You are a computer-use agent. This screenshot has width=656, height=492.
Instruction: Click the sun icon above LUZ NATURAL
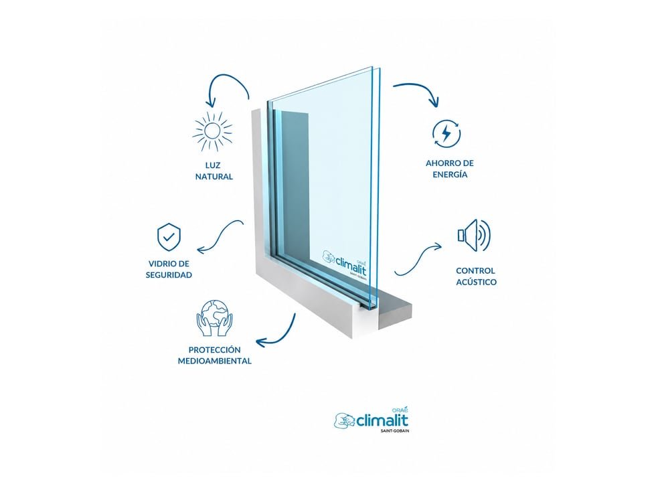coord(213,131)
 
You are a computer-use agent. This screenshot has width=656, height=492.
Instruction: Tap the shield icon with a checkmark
coord(169,237)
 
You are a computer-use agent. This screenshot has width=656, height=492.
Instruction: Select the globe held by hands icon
coord(214,317)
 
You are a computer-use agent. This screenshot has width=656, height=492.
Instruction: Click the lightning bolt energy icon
coord(446,134)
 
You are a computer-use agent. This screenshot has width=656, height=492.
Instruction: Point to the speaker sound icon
coord(474,235)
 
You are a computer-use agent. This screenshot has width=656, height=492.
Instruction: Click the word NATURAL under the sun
coord(214,177)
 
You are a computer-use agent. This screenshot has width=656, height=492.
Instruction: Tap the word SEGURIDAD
coord(169,275)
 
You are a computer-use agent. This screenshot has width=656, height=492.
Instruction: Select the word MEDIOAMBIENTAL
coord(215,361)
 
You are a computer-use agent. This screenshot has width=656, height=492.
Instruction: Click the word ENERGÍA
coord(450,175)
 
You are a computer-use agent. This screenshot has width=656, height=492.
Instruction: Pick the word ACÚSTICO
coord(476,282)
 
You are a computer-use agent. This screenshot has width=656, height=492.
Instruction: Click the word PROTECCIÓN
coord(215,349)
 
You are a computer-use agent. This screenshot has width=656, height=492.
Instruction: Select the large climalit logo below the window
coord(372,420)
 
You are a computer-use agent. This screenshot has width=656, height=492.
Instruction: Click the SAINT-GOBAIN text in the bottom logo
coord(395,430)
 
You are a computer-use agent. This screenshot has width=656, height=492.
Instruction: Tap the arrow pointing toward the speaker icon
coord(418,258)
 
